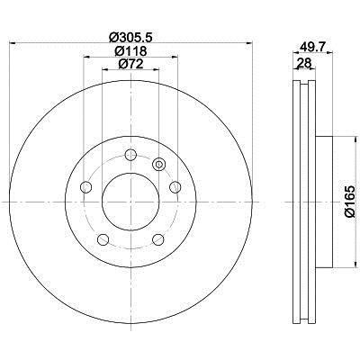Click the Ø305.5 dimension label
(131, 37)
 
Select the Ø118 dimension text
(130, 51)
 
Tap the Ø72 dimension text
(130, 64)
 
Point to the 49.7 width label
(313, 47)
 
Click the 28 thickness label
(304, 63)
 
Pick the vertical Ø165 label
(350, 201)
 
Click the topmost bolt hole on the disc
(130, 155)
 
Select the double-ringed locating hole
(158, 164)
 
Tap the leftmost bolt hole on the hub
(86, 187)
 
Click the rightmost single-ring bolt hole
(175, 187)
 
